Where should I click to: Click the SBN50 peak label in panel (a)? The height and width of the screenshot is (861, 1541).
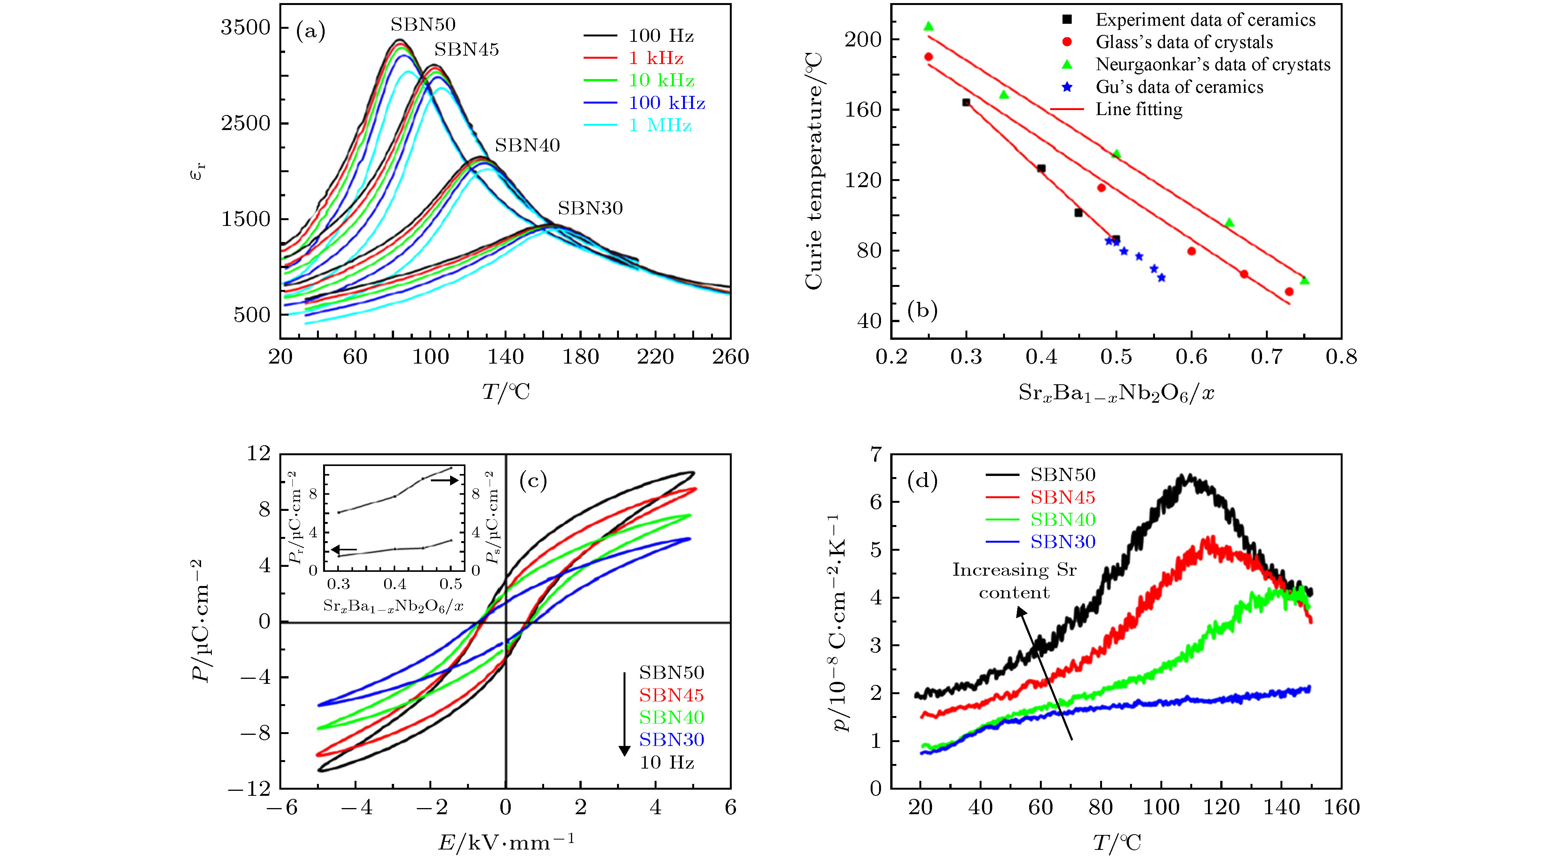click(423, 25)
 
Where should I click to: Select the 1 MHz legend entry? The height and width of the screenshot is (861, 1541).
click(660, 125)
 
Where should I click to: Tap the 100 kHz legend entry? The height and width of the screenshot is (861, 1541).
click(667, 103)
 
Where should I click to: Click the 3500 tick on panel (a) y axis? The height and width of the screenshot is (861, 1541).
click(245, 28)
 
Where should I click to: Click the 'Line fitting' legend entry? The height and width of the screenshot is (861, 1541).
click(1138, 109)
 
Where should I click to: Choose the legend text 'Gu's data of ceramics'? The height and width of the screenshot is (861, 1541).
click(1179, 87)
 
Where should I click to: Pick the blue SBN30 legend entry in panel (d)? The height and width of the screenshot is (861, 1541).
click(1063, 542)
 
